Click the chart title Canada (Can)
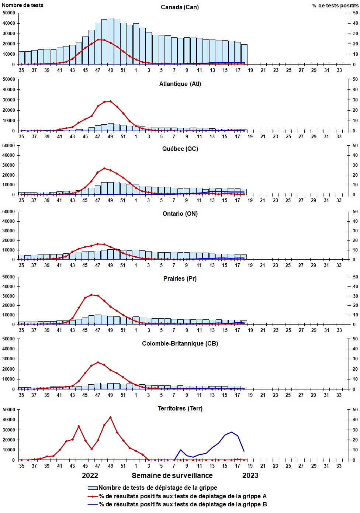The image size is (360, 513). tap(180, 7)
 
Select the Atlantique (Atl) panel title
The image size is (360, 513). tap(180, 84)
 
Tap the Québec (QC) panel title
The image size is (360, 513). tap(180, 149)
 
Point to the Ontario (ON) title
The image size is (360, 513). tap(180, 214)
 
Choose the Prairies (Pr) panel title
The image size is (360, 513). tap(180, 279)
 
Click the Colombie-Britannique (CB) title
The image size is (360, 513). tap(180, 344)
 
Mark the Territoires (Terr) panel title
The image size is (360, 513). tap(180, 409)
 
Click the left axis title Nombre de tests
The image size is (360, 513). tap(22, 5)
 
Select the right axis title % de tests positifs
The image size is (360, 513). tap(335, 6)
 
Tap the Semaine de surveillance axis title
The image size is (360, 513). tap(172, 476)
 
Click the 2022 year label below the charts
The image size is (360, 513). tap(90, 476)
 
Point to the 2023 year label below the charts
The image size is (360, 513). tap(250, 476)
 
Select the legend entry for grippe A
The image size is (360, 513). tap(182, 496)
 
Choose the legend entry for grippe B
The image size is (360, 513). tap(182, 505)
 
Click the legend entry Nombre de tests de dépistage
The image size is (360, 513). tap(157, 488)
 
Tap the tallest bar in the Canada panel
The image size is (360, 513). tap(111, 41)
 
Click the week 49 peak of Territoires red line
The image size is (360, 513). tap(111, 417)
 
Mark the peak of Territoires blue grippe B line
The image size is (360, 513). tap(231, 432)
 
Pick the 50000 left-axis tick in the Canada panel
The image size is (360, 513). tap(9, 13)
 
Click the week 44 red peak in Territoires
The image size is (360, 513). tap(79, 426)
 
